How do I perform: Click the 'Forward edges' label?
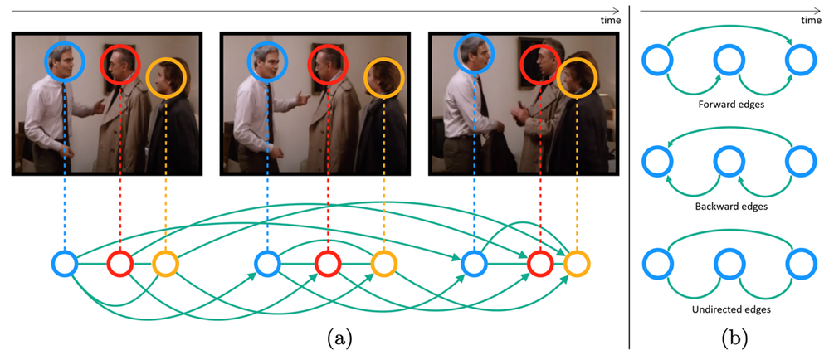[x=732, y=105]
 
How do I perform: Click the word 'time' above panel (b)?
[x=811, y=21]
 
